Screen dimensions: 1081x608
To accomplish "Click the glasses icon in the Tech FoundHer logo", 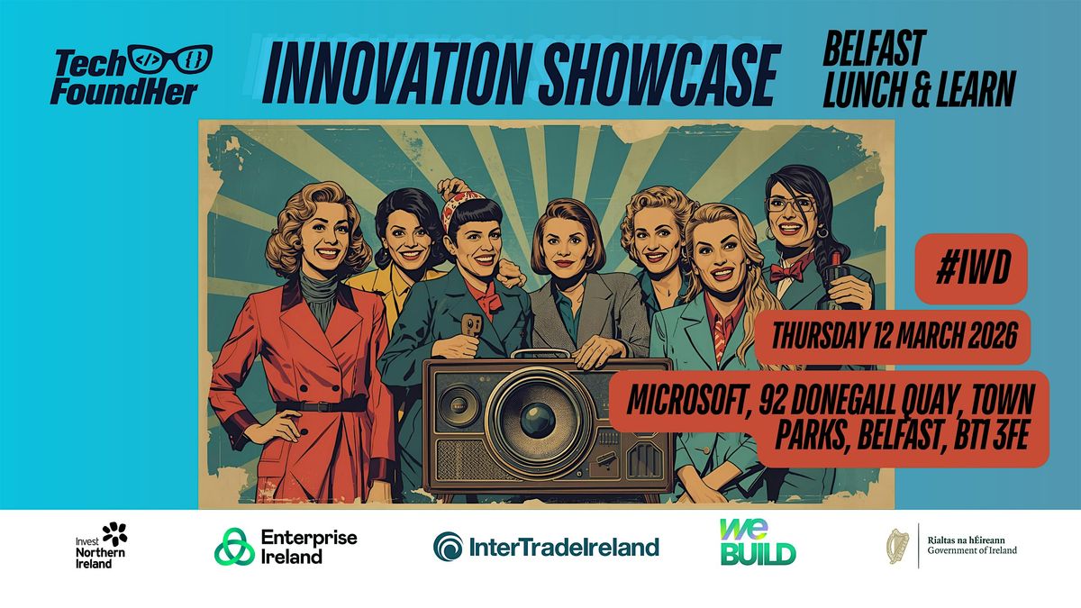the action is tap(170, 59).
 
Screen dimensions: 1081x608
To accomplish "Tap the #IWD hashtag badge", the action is tap(971, 268).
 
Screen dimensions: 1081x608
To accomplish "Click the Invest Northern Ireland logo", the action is tap(101, 546).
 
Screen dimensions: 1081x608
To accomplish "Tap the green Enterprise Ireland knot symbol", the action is tap(234, 546).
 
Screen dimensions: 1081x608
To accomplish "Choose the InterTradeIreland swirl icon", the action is tap(448, 546).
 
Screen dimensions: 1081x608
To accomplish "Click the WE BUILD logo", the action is tap(758, 541).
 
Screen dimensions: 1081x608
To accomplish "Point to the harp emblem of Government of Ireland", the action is tap(897, 546).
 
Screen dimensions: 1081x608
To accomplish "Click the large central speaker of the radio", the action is tap(537, 420).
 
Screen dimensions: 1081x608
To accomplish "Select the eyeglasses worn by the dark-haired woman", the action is tap(789, 204).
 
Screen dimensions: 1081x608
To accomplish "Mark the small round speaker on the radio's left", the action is tap(459, 406).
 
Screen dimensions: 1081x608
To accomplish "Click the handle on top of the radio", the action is tap(540, 354).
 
